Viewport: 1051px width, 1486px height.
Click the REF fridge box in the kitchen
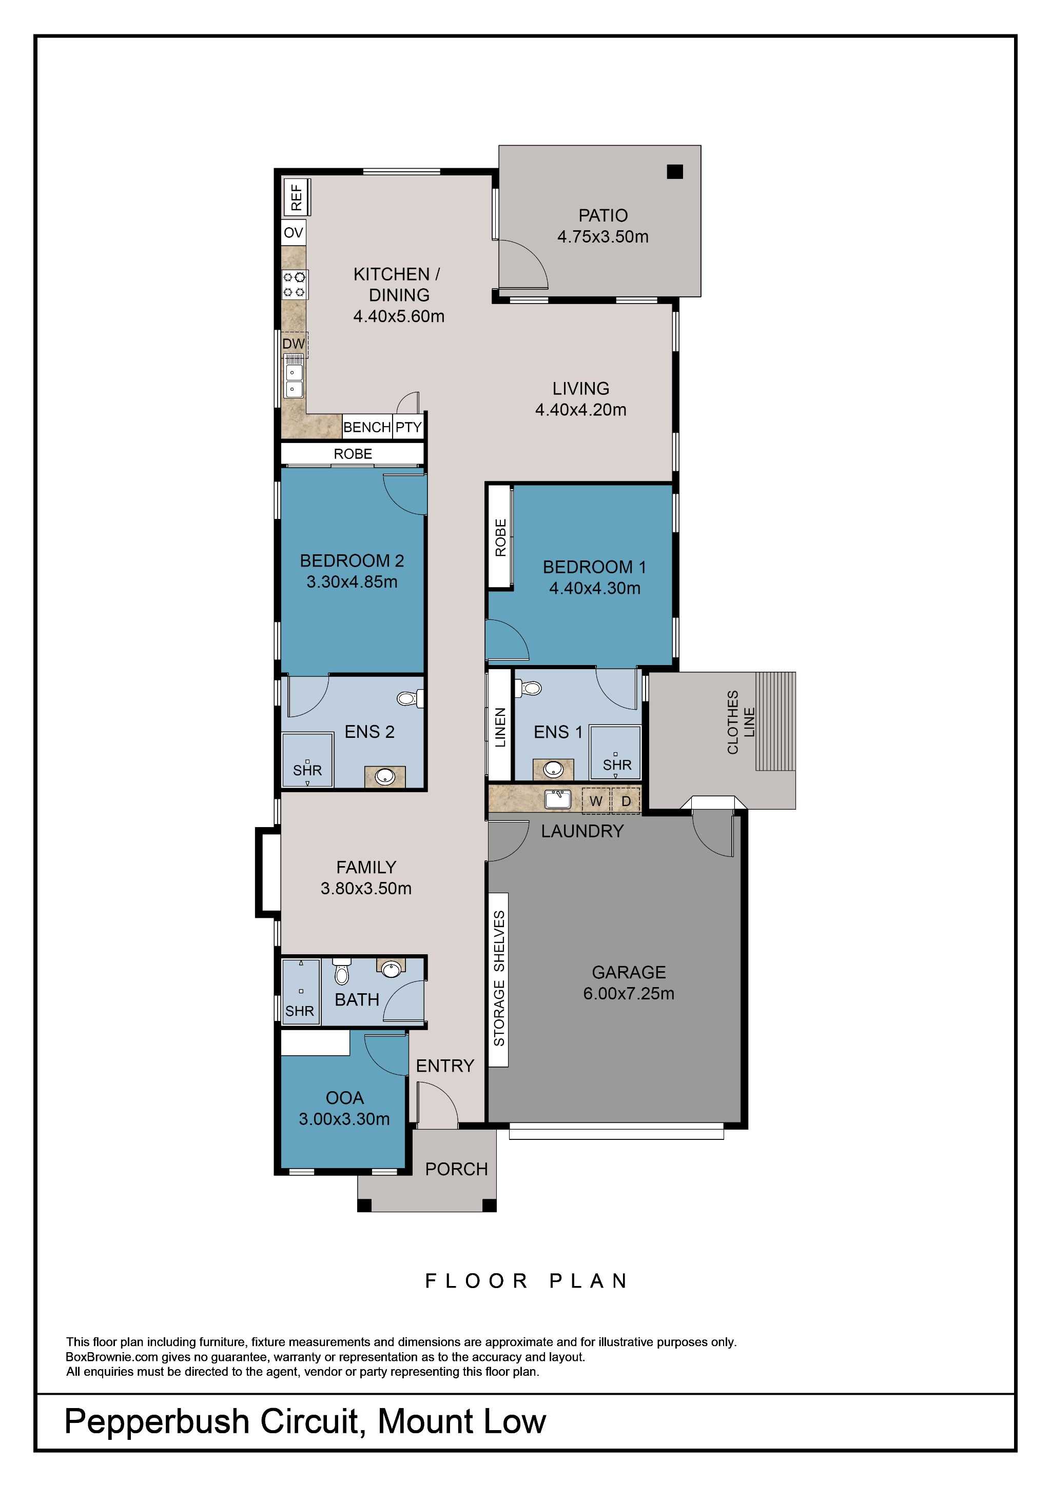(297, 197)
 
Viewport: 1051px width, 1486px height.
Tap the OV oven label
(294, 233)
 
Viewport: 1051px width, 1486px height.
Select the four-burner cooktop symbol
(295, 284)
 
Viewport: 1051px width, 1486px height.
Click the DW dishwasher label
(294, 344)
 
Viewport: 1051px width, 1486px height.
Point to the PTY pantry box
(408, 427)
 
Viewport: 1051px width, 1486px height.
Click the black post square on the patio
(675, 171)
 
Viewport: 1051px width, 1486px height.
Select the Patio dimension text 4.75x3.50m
(602, 237)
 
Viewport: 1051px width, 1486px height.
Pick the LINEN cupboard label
(500, 728)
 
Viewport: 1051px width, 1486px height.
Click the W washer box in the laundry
(596, 801)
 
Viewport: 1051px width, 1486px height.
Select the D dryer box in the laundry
(626, 801)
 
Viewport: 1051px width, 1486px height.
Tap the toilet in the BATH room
(341, 972)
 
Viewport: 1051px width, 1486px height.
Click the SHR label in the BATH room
(299, 1011)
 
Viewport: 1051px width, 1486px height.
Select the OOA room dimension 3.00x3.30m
(344, 1119)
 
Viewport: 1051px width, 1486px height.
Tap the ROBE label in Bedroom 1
(500, 537)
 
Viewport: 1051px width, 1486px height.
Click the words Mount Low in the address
(462, 1421)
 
